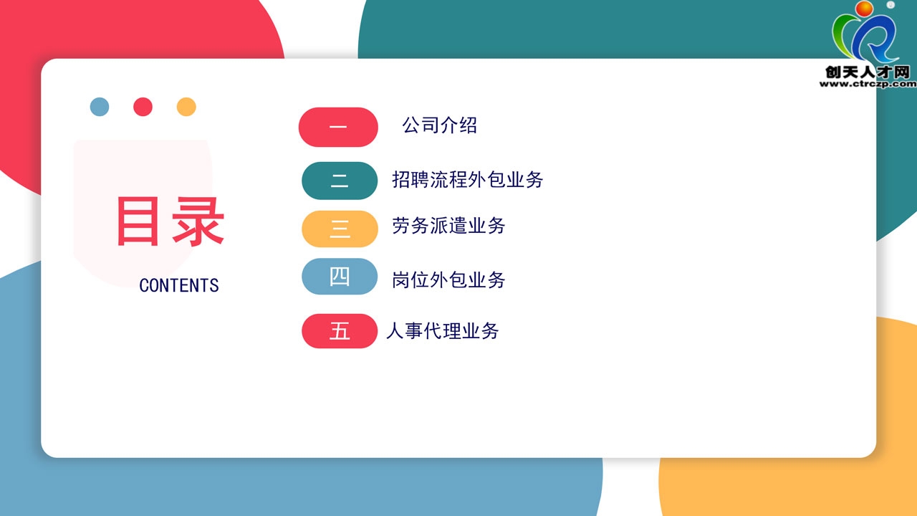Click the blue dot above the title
pos(100,107)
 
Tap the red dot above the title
pos(143,107)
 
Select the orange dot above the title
pos(186,107)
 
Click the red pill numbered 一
pos(338,127)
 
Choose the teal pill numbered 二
pos(340,181)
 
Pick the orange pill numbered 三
pos(340,229)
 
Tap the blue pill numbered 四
pos(340,277)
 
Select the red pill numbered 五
pos(340,331)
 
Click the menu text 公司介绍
pos(439,125)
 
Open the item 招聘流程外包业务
pos(468,180)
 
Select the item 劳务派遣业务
pos(448,226)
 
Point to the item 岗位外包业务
pos(448,280)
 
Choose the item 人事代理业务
pos(443,331)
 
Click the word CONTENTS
pos(179,285)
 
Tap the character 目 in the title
pos(138,221)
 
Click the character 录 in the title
pos(198,221)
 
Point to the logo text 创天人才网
pos(868,72)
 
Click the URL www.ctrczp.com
pos(868,84)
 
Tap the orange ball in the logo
pos(864,9)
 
